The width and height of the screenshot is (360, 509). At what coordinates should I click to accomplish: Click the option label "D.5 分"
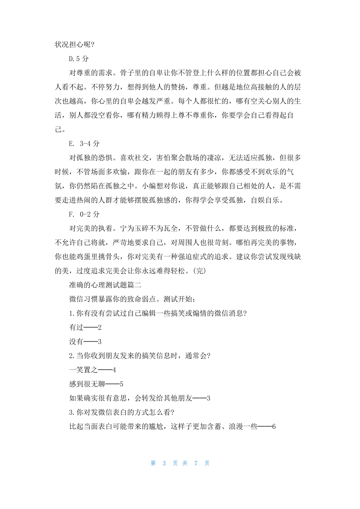[x=79, y=59]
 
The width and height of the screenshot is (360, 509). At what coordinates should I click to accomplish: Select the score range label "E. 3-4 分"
[x=84, y=144]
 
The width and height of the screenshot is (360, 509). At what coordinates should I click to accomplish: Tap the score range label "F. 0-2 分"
[x=84, y=214]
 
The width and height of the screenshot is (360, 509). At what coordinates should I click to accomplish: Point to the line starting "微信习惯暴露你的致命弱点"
[x=132, y=299]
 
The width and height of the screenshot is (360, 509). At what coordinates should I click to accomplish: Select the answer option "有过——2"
[x=85, y=328]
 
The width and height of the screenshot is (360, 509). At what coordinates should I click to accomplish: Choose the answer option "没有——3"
[x=85, y=342]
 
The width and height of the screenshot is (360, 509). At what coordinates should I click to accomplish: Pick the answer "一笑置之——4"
[x=92, y=370]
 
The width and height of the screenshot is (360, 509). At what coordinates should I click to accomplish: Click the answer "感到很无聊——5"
[x=96, y=384]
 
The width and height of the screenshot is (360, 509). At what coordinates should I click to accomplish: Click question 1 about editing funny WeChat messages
[x=158, y=314]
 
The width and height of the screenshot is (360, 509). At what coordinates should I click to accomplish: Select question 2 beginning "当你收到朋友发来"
[x=139, y=356]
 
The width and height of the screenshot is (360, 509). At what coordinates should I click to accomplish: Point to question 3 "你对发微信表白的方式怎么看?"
[x=122, y=412]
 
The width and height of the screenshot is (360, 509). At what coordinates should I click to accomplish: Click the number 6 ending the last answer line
[x=274, y=427]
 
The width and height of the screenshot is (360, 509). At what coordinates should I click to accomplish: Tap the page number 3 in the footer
[x=164, y=463]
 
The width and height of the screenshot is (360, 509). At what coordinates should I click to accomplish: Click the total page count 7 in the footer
[x=196, y=463]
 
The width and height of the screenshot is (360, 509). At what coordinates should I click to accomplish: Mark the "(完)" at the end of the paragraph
[x=199, y=271]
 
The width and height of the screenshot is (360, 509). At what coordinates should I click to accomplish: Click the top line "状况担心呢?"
[x=75, y=45]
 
